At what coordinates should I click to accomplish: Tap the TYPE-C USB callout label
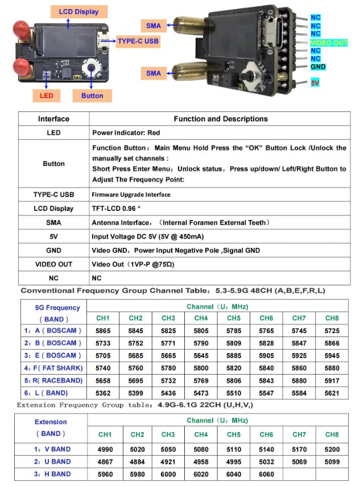138,41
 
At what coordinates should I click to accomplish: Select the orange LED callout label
47,95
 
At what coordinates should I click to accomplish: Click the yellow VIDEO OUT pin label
329,43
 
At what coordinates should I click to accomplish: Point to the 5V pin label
316,83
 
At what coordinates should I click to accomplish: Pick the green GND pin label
318,67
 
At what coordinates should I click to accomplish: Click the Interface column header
53,119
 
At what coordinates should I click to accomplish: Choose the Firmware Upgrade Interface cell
131,194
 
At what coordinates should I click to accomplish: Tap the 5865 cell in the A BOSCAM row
103,330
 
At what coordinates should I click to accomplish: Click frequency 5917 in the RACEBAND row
332,380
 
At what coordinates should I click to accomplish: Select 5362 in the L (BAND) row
103,393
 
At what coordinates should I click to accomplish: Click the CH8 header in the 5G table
332,318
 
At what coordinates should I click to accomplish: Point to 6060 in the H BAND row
266,474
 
